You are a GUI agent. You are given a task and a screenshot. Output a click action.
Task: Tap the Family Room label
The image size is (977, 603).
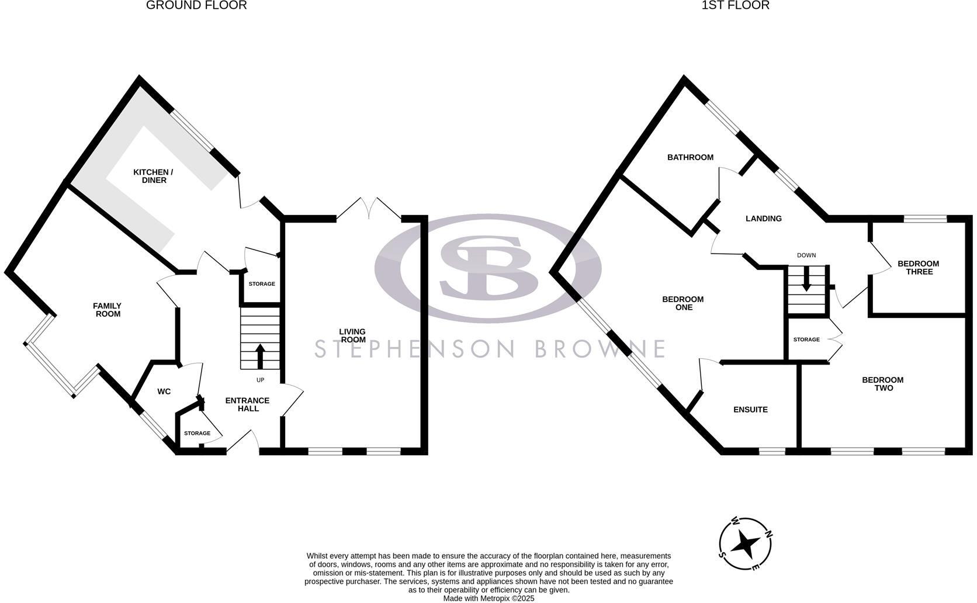click(x=108, y=310)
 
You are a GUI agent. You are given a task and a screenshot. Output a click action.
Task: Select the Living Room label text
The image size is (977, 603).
click(x=352, y=335)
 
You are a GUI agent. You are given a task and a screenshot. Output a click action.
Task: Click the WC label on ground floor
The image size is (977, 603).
click(x=164, y=391)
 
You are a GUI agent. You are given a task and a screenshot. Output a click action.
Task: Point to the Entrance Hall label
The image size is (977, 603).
click(x=248, y=404)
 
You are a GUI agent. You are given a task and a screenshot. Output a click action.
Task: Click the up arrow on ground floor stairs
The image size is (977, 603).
click(x=260, y=356)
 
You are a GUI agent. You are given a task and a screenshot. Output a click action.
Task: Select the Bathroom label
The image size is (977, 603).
click(x=690, y=157)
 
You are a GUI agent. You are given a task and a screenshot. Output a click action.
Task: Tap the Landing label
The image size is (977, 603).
click(x=763, y=219)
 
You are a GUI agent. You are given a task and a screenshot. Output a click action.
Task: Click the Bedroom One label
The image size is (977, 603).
click(x=682, y=303)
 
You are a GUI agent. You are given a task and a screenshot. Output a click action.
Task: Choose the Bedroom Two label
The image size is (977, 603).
click(x=882, y=384)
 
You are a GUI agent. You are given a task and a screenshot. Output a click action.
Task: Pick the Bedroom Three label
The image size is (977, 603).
click(x=918, y=268)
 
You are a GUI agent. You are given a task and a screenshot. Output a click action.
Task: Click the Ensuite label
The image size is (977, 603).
click(x=750, y=410)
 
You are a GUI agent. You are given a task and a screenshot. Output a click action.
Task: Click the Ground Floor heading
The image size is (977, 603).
click(x=196, y=5)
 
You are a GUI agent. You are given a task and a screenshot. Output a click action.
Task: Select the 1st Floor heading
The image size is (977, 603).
click(x=736, y=5)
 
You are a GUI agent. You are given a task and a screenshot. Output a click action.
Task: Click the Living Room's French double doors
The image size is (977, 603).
click(x=369, y=209)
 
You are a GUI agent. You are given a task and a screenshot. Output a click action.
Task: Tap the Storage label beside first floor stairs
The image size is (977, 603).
click(x=806, y=339)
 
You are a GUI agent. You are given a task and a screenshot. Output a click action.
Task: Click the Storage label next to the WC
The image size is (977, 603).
click(x=197, y=434)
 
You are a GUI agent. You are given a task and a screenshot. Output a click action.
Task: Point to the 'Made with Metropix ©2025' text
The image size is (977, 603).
click(x=488, y=598)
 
